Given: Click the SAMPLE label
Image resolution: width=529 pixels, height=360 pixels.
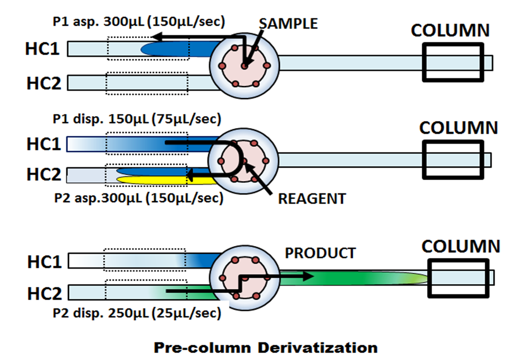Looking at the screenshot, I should coord(288,24).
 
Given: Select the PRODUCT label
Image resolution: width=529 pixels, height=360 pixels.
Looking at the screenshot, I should coord(320,253).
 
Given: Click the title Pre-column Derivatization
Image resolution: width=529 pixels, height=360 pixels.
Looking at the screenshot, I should coord(266,347).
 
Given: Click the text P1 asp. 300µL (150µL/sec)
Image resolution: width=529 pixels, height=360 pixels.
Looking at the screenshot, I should coord(140,22).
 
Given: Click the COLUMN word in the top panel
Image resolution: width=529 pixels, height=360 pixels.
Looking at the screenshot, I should coord(450,31).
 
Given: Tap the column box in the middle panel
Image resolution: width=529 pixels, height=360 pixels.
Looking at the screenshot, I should coord(453,159).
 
